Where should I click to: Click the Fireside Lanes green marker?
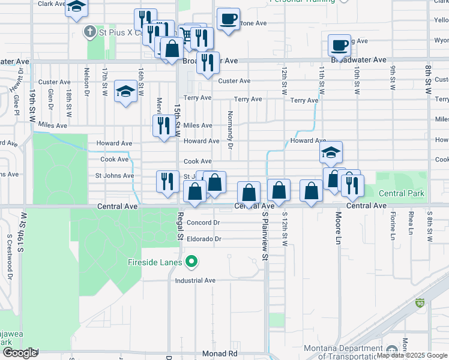[x=191, y=262]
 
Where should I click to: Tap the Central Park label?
[x=402, y=193]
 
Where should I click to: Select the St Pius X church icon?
[x=90, y=31]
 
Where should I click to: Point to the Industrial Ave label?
[x=195, y=280]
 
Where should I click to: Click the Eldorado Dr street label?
[x=203, y=239]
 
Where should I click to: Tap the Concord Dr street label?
[x=203, y=223]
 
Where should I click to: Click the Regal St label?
[x=179, y=226]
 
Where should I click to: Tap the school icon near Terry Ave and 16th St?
[x=125, y=91]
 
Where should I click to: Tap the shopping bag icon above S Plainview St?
[x=249, y=193]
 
